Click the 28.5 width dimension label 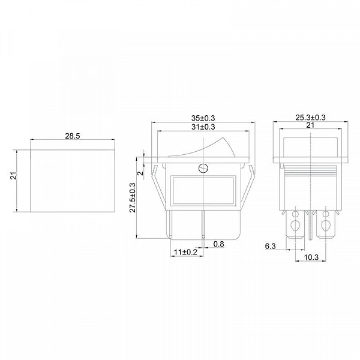coord(73,136)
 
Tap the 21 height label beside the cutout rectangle coord(14,175)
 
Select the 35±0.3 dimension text coord(203,118)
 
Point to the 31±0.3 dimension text coord(203,127)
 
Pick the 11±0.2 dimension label coord(185,252)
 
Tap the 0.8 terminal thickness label coord(218,244)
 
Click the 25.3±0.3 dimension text coord(310,118)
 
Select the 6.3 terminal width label coord(270,246)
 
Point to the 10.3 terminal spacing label coord(311,257)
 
